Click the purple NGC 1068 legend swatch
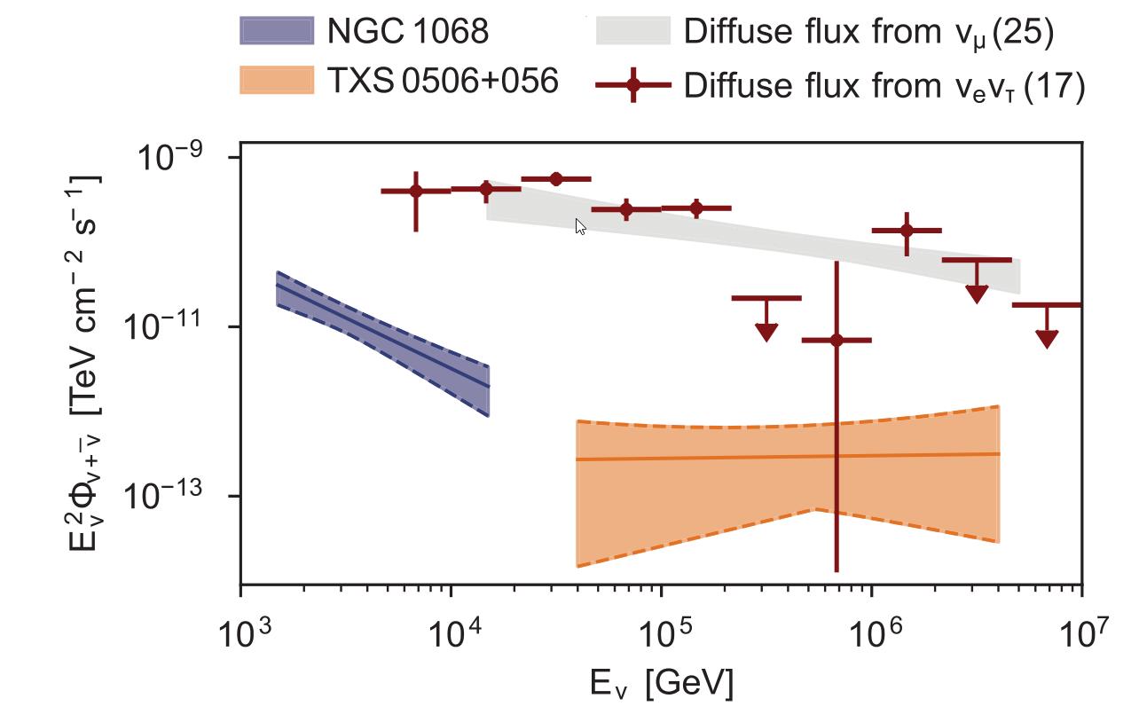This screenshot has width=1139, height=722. tap(277, 32)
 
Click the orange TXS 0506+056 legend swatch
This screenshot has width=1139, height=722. tap(277, 81)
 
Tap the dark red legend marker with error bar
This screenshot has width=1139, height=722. tap(632, 86)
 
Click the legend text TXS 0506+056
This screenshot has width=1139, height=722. tap(443, 82)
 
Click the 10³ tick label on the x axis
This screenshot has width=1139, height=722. tap(240, 633)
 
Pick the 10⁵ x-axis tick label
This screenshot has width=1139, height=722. tap(661, 633)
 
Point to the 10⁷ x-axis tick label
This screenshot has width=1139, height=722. tap(1081, 633)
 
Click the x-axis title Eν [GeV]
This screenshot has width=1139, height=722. tap(662, 684)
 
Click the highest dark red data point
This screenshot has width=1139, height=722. tap(556, 179)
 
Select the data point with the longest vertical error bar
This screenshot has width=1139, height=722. tap(836, 340)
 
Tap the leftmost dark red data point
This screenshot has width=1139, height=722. tap(416, 191)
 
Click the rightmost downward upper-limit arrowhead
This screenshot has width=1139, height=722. tap(1047, 339)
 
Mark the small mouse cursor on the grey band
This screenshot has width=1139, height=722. tap(580, 227)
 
